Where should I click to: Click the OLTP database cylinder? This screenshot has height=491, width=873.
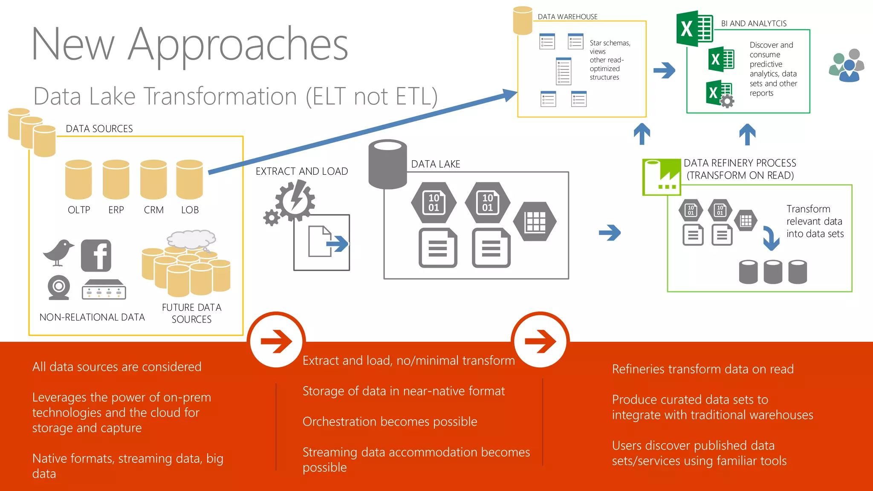click(78, 179)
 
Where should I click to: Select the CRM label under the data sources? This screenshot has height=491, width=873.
click(153, 210)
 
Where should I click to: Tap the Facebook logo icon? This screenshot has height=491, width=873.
click(96, 255)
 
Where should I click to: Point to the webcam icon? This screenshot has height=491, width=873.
click(58, 287)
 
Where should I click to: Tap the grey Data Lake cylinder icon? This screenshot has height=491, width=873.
click(387, 164)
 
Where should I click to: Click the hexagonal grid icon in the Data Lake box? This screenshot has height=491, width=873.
click(535, 221)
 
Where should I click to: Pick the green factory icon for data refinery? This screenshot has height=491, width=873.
click(662, 176)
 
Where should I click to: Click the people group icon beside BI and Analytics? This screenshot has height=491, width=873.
click(847, 65)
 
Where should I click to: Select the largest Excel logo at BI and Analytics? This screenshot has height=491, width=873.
click(695, 29)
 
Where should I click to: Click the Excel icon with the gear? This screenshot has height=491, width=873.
click(720, 93)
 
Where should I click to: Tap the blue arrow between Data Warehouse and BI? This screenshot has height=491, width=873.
click(664, 70)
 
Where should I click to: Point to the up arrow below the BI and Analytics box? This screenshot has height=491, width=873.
click(747, 134)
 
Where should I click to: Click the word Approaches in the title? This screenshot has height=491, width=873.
click(238, 44)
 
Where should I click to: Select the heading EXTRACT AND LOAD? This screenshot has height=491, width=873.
click(302, 171)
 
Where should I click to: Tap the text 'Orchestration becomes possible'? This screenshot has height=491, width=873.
click(390, 422)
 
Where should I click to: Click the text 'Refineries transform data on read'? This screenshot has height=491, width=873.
click(702, 369)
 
